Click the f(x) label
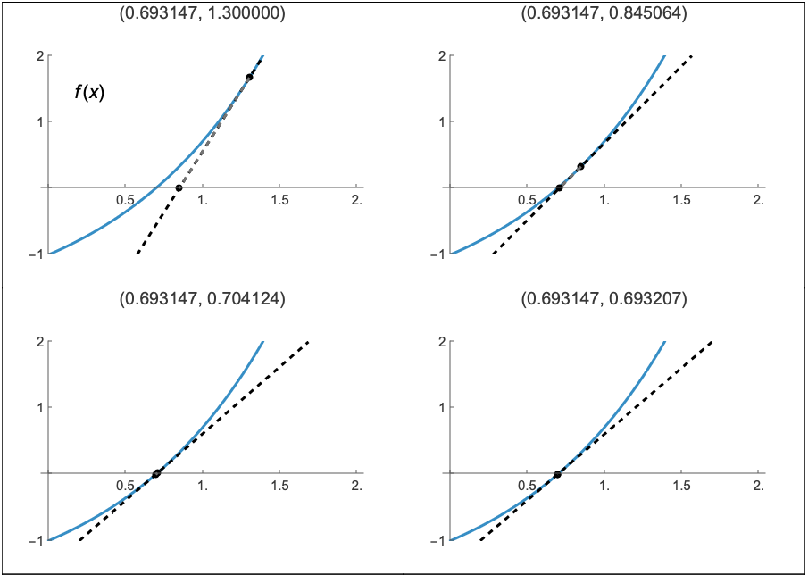(89, 92)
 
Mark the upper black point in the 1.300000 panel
(249, 77)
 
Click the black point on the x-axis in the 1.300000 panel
(179, 187)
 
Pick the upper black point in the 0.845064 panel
(580, 166)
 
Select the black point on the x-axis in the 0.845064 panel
(559, 187)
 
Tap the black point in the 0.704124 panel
(156, 473)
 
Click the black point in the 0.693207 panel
(557, 473)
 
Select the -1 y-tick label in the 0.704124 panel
(36, 540)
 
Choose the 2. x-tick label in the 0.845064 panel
(758, 199)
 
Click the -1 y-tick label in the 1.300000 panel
(36, 254)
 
